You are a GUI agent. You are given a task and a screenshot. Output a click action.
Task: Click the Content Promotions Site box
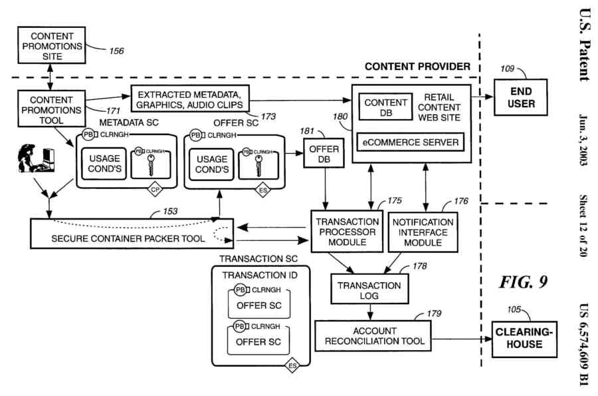point(52,46)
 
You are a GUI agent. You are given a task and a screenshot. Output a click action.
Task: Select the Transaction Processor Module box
point(346,232)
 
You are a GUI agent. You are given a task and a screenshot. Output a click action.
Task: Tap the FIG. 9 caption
point(524,282)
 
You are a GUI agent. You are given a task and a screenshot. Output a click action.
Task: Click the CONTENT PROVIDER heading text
point(417,67)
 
